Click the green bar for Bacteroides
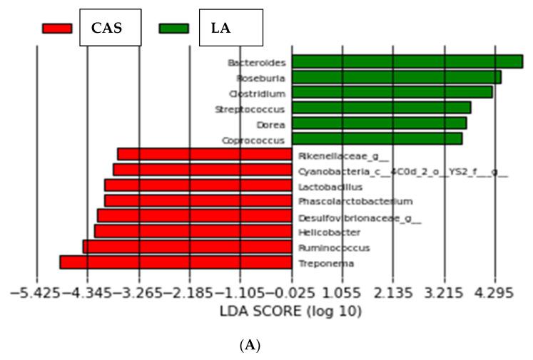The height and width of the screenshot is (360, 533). [407, 61]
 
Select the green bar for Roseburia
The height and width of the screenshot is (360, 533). [396, 77]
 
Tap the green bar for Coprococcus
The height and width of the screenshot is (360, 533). [377, 138]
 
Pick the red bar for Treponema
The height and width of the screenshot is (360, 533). [176, 262]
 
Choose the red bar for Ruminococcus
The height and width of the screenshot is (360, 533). [187, 247]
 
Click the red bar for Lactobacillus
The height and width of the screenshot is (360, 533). [198, 185]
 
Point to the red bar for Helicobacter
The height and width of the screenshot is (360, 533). [193, 231]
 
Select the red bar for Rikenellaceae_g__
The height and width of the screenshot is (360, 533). [204, 154]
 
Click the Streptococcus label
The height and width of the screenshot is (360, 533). [250, 109]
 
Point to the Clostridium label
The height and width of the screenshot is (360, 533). [257, 93]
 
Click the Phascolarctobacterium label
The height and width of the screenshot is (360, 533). [355, 202]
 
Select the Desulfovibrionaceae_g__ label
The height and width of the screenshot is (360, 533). [359, 217]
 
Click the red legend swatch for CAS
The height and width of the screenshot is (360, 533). [57, 29]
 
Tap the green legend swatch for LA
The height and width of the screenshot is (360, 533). [174, 29]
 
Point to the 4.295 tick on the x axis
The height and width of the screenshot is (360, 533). [494, 293]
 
